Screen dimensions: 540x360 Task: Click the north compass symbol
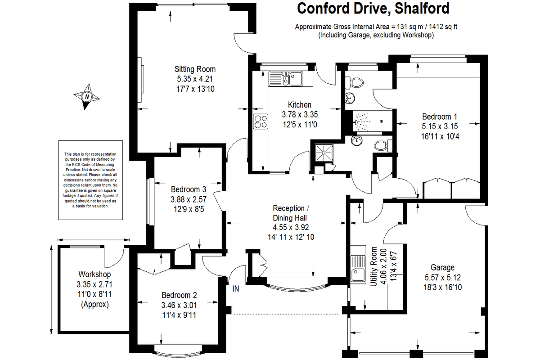[x=87, y=96]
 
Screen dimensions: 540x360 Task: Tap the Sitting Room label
[x=195, y=69]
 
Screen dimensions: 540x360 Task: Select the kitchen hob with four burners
[x=260, y=121]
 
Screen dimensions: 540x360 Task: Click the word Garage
[x=442, y=267]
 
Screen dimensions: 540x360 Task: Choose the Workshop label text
[x=94, y=274]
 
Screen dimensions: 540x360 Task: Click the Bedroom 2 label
[x=179, y=296]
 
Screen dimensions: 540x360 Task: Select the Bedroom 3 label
[x=189, y=189]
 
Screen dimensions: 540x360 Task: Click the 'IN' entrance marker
[x=235, y=288]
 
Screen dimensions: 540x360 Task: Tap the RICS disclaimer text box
[x=90, y=180]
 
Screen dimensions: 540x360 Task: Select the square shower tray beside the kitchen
[x=323, y=152]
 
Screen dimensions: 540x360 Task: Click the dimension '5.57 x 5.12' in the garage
[x=442, y=277]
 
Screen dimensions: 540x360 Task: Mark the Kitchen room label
[x=299, y=105]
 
